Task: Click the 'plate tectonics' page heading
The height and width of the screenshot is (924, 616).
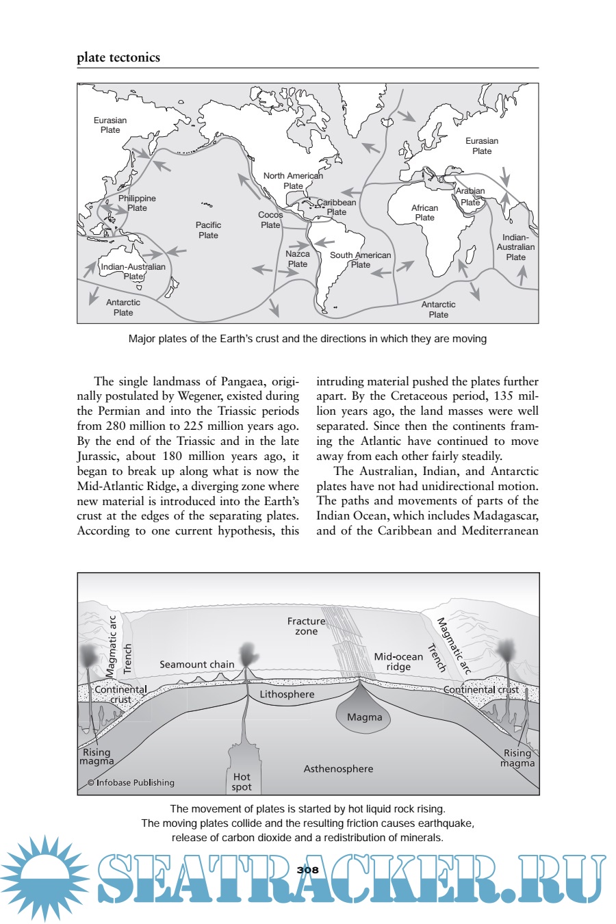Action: [118, 57]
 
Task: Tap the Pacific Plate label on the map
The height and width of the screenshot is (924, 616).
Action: [208, 230]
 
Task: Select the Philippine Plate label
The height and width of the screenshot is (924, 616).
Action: [137, 203]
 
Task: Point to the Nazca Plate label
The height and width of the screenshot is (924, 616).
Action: [298, 259]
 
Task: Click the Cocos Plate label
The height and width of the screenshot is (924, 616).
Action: [270, 220]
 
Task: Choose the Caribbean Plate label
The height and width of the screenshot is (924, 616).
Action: [336, 207]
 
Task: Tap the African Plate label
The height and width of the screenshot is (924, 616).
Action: [424, 213]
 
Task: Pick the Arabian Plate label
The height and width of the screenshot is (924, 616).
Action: [470, 196]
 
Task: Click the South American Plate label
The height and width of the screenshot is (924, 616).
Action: [361, 259]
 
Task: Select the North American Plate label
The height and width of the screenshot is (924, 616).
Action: [293, 181]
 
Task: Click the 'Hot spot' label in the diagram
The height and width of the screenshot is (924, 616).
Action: [242, 782]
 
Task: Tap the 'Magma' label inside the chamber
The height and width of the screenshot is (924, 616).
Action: [364, 717]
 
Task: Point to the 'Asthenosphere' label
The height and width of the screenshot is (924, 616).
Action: [338, 769]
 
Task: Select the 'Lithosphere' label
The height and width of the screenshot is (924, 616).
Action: [287, 694]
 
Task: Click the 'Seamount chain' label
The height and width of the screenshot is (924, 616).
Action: [196, 664]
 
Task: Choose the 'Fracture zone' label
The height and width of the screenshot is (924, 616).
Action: [306, 626]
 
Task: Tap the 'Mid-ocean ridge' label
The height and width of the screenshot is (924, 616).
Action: [398, 661]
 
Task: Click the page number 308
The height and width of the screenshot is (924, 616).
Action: [308, 870]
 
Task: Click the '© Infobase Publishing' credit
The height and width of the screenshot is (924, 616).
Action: [131, 782]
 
